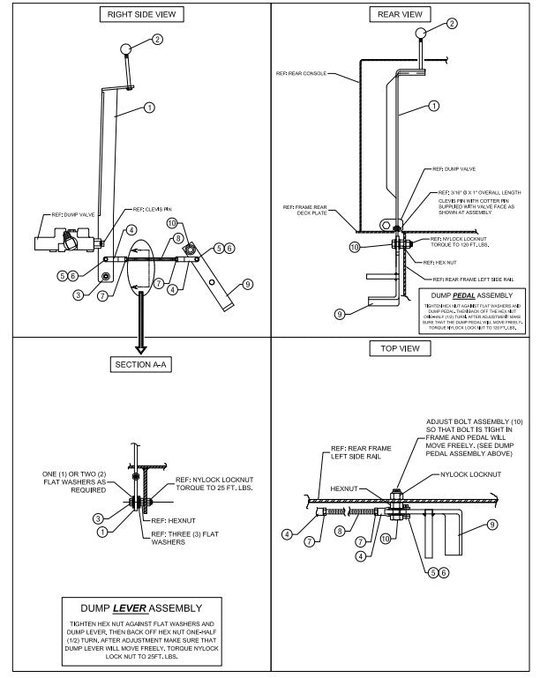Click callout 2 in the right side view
pos(158,39)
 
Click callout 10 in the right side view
pos(172,224)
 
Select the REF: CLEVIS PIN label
pos(152,210)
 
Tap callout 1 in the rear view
pos(433,106)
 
